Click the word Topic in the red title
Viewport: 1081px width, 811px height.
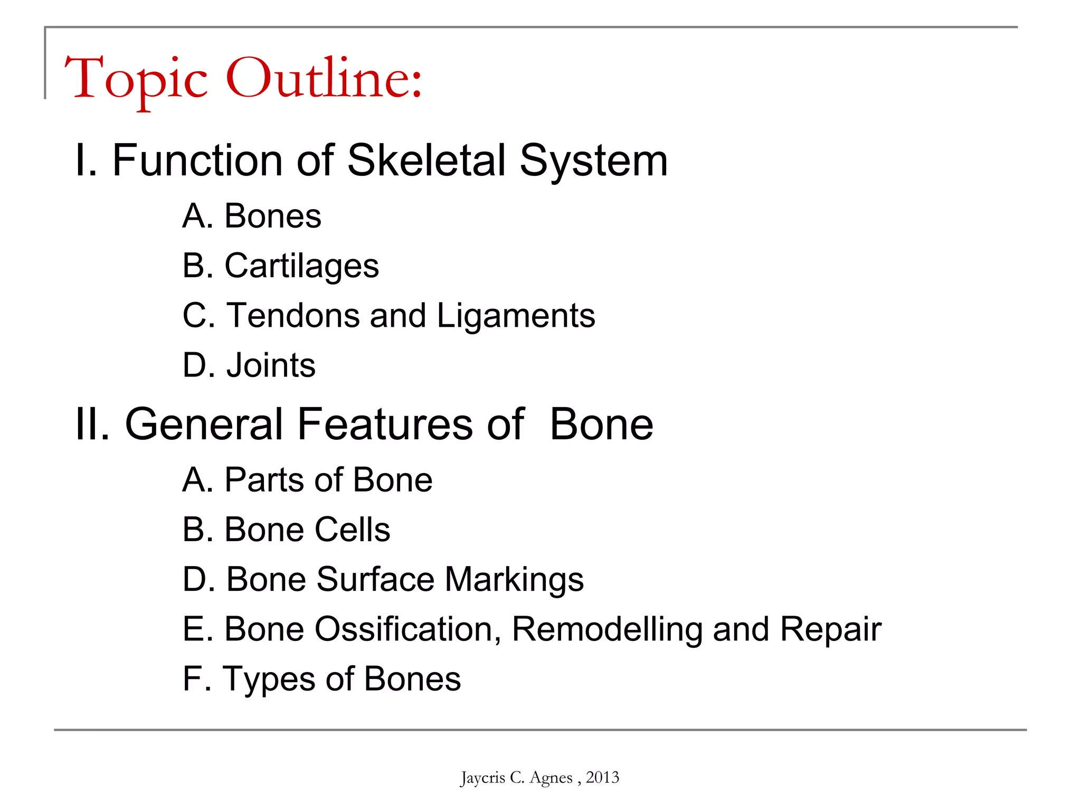(x=136, y=79)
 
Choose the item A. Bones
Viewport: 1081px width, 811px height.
(x=252, y=216)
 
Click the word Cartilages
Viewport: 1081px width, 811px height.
(x=301, y=266)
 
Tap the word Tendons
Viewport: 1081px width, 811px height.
(x=292, y=316)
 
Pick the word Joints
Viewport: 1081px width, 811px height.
(x=271, y=365)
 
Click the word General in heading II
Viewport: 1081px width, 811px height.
(x=204, y=425)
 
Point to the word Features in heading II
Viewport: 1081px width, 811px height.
(x=385, y=425)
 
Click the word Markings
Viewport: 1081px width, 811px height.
(x=514, y=580)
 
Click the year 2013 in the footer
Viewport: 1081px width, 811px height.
(x=602, y=777)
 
